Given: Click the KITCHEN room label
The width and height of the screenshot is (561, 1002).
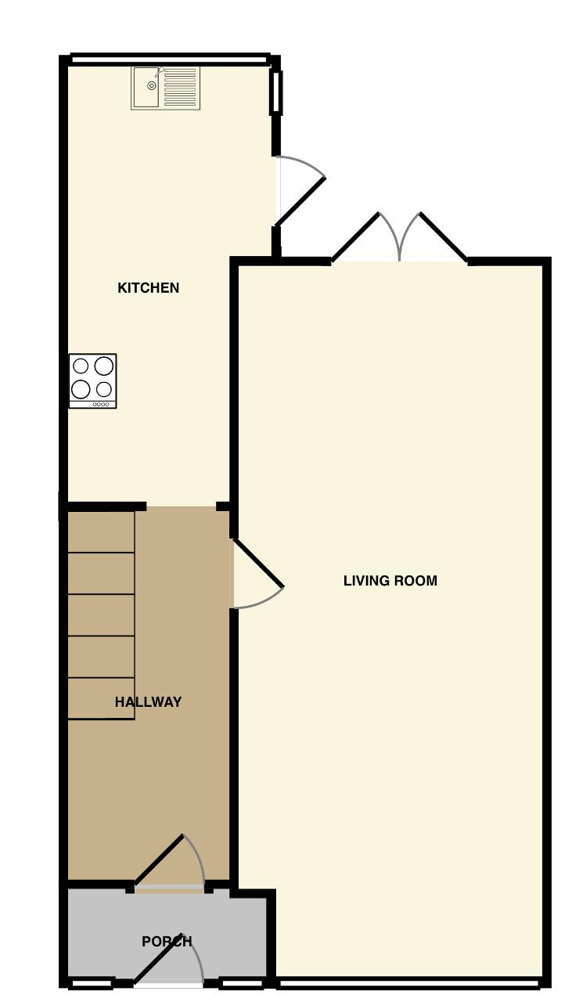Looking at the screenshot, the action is coord(149,287).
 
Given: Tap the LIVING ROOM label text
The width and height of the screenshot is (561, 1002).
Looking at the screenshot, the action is coord(390,581).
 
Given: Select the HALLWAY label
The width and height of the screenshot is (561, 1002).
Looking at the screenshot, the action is coord(149,702).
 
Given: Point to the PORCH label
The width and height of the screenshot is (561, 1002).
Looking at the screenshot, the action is coord(167,942).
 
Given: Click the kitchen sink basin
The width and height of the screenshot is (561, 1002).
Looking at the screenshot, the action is coord(146,88).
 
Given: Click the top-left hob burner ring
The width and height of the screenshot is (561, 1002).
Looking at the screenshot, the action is coord(81,366).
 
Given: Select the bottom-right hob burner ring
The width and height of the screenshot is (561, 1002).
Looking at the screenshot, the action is coord(104,389).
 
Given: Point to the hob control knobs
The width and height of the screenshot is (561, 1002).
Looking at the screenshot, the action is coord(101,405).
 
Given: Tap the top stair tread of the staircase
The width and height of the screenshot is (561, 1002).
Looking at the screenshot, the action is coord(101,532).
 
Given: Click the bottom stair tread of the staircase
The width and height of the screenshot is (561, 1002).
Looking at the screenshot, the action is coord(101,698).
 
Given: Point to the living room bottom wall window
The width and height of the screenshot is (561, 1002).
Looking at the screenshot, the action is coord(408,992).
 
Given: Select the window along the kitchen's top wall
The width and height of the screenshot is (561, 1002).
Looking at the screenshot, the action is coord(171,59).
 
